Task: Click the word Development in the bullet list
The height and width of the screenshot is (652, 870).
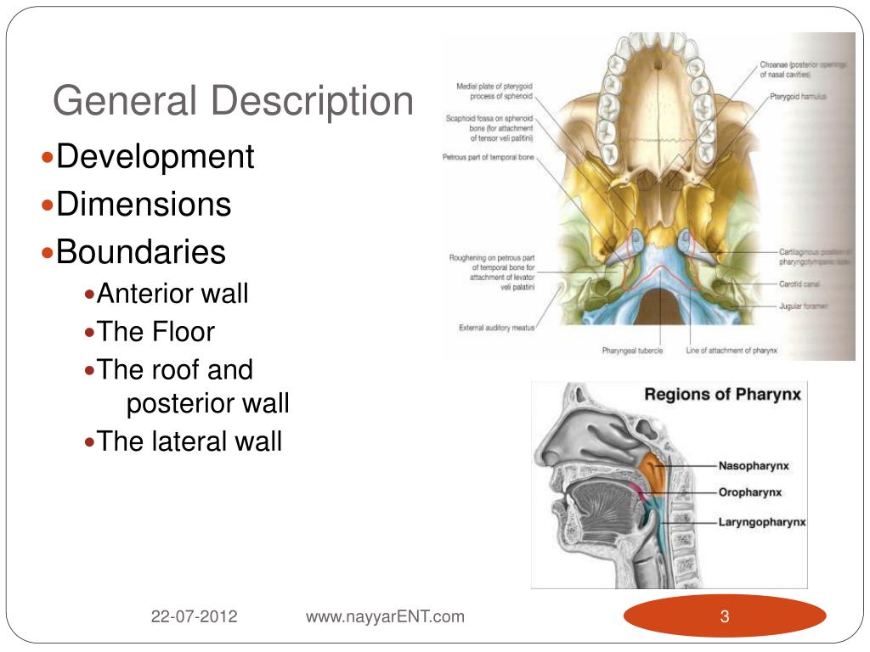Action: coord(155,157)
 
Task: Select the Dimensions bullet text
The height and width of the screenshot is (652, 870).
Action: coord(144,205)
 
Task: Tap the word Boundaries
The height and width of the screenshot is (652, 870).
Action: coord(141,252)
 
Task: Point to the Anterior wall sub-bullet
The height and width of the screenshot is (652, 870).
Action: coord(172,295)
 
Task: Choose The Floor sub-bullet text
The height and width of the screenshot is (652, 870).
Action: coord(155,332)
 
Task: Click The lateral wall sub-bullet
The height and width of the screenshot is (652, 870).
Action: coord(189,441)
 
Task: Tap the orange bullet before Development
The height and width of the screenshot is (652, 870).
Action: coord(48,158)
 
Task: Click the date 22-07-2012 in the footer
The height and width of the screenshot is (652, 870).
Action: coord(195,617)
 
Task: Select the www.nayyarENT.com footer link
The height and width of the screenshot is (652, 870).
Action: coord(385,617)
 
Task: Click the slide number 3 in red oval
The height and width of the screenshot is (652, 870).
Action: coord(725,617)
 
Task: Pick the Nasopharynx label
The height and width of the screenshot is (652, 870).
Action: coord(754,466)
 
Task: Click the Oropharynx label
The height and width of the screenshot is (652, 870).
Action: coord(750,492)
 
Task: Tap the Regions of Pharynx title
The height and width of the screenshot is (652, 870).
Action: coord(722,394)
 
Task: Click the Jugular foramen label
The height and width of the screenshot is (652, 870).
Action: coord(803,305)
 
